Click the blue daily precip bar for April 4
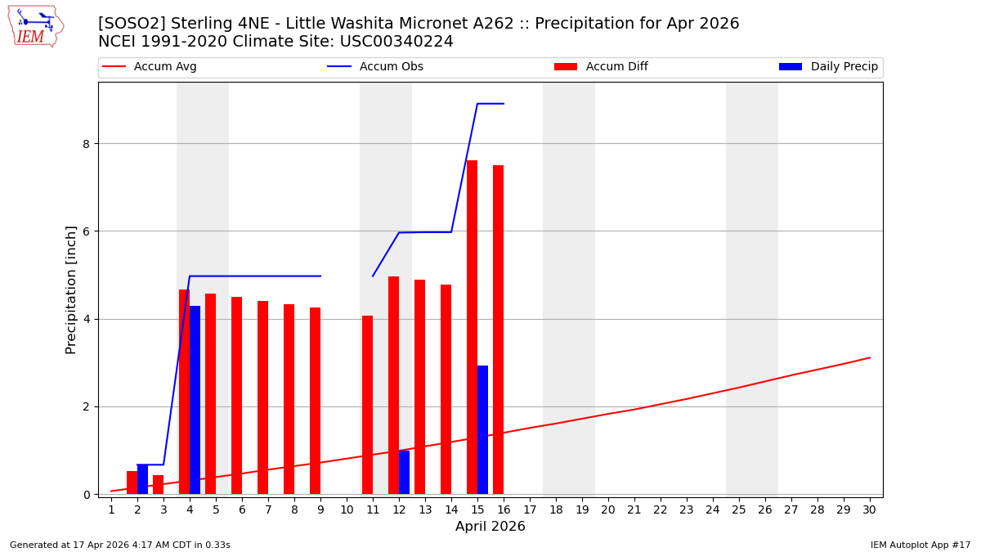[195, 400]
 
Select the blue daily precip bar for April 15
[482, 429]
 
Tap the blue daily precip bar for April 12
[404, 472]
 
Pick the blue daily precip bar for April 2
[142, 479]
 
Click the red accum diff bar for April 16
[498, 330]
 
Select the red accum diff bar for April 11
[367, 405]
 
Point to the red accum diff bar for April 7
[262, 397]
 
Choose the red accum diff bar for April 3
[158, 485]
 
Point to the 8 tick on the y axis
[86, 144]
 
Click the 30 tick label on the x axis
[870, 509]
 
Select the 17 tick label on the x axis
[530, 509]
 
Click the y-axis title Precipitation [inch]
[71, 289]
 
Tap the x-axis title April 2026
[490, 527]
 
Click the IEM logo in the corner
[35, 26]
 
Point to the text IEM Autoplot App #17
[920, 545]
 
